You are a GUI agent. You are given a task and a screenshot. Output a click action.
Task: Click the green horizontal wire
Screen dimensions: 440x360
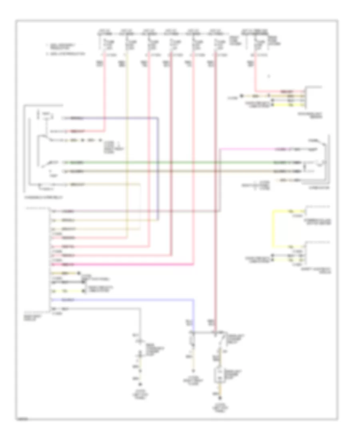180,163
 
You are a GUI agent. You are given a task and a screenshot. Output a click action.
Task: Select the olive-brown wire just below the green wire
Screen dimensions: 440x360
180,171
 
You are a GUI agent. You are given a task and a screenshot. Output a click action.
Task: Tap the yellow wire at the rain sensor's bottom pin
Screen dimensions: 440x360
288,105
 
